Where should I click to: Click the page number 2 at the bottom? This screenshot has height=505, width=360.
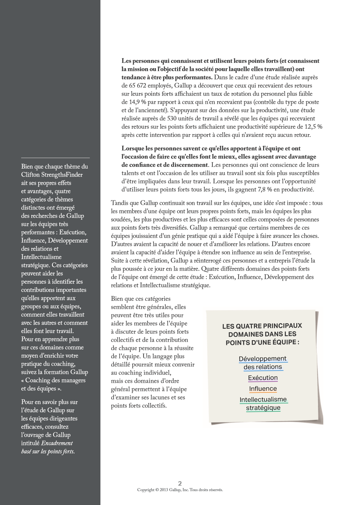tap(180, 483)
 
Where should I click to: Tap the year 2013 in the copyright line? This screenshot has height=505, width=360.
tap(164, 490)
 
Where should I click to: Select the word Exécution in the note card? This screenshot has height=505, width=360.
tap(263, 378)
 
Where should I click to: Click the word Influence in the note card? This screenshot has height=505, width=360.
tap(263, 389)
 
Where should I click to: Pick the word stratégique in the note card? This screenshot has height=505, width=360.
tap(263, 408)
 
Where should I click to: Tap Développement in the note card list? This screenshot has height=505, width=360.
tap(263, 359)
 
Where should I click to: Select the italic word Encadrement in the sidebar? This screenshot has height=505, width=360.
tap(57, 443)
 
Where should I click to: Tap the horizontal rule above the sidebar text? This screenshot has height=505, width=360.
tap(55, 158)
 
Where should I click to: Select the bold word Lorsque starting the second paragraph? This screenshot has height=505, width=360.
tap(133, 148)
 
